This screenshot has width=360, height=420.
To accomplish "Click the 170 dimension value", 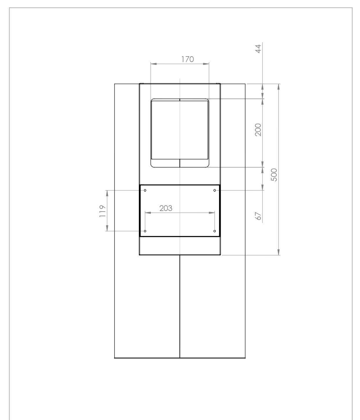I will [187, 59].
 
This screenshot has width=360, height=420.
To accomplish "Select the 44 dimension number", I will [258, 48].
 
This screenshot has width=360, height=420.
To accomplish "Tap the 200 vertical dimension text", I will [258, 130].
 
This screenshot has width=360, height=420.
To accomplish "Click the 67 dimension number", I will [258, 216].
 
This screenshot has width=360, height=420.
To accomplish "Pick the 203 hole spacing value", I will [166, 208].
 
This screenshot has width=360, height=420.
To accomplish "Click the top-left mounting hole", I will [145, 190].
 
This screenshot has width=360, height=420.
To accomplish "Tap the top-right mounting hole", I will [215, 190].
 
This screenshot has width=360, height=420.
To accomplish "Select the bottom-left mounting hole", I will [145, 231].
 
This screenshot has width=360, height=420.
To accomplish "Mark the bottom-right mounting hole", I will [215, 231].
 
